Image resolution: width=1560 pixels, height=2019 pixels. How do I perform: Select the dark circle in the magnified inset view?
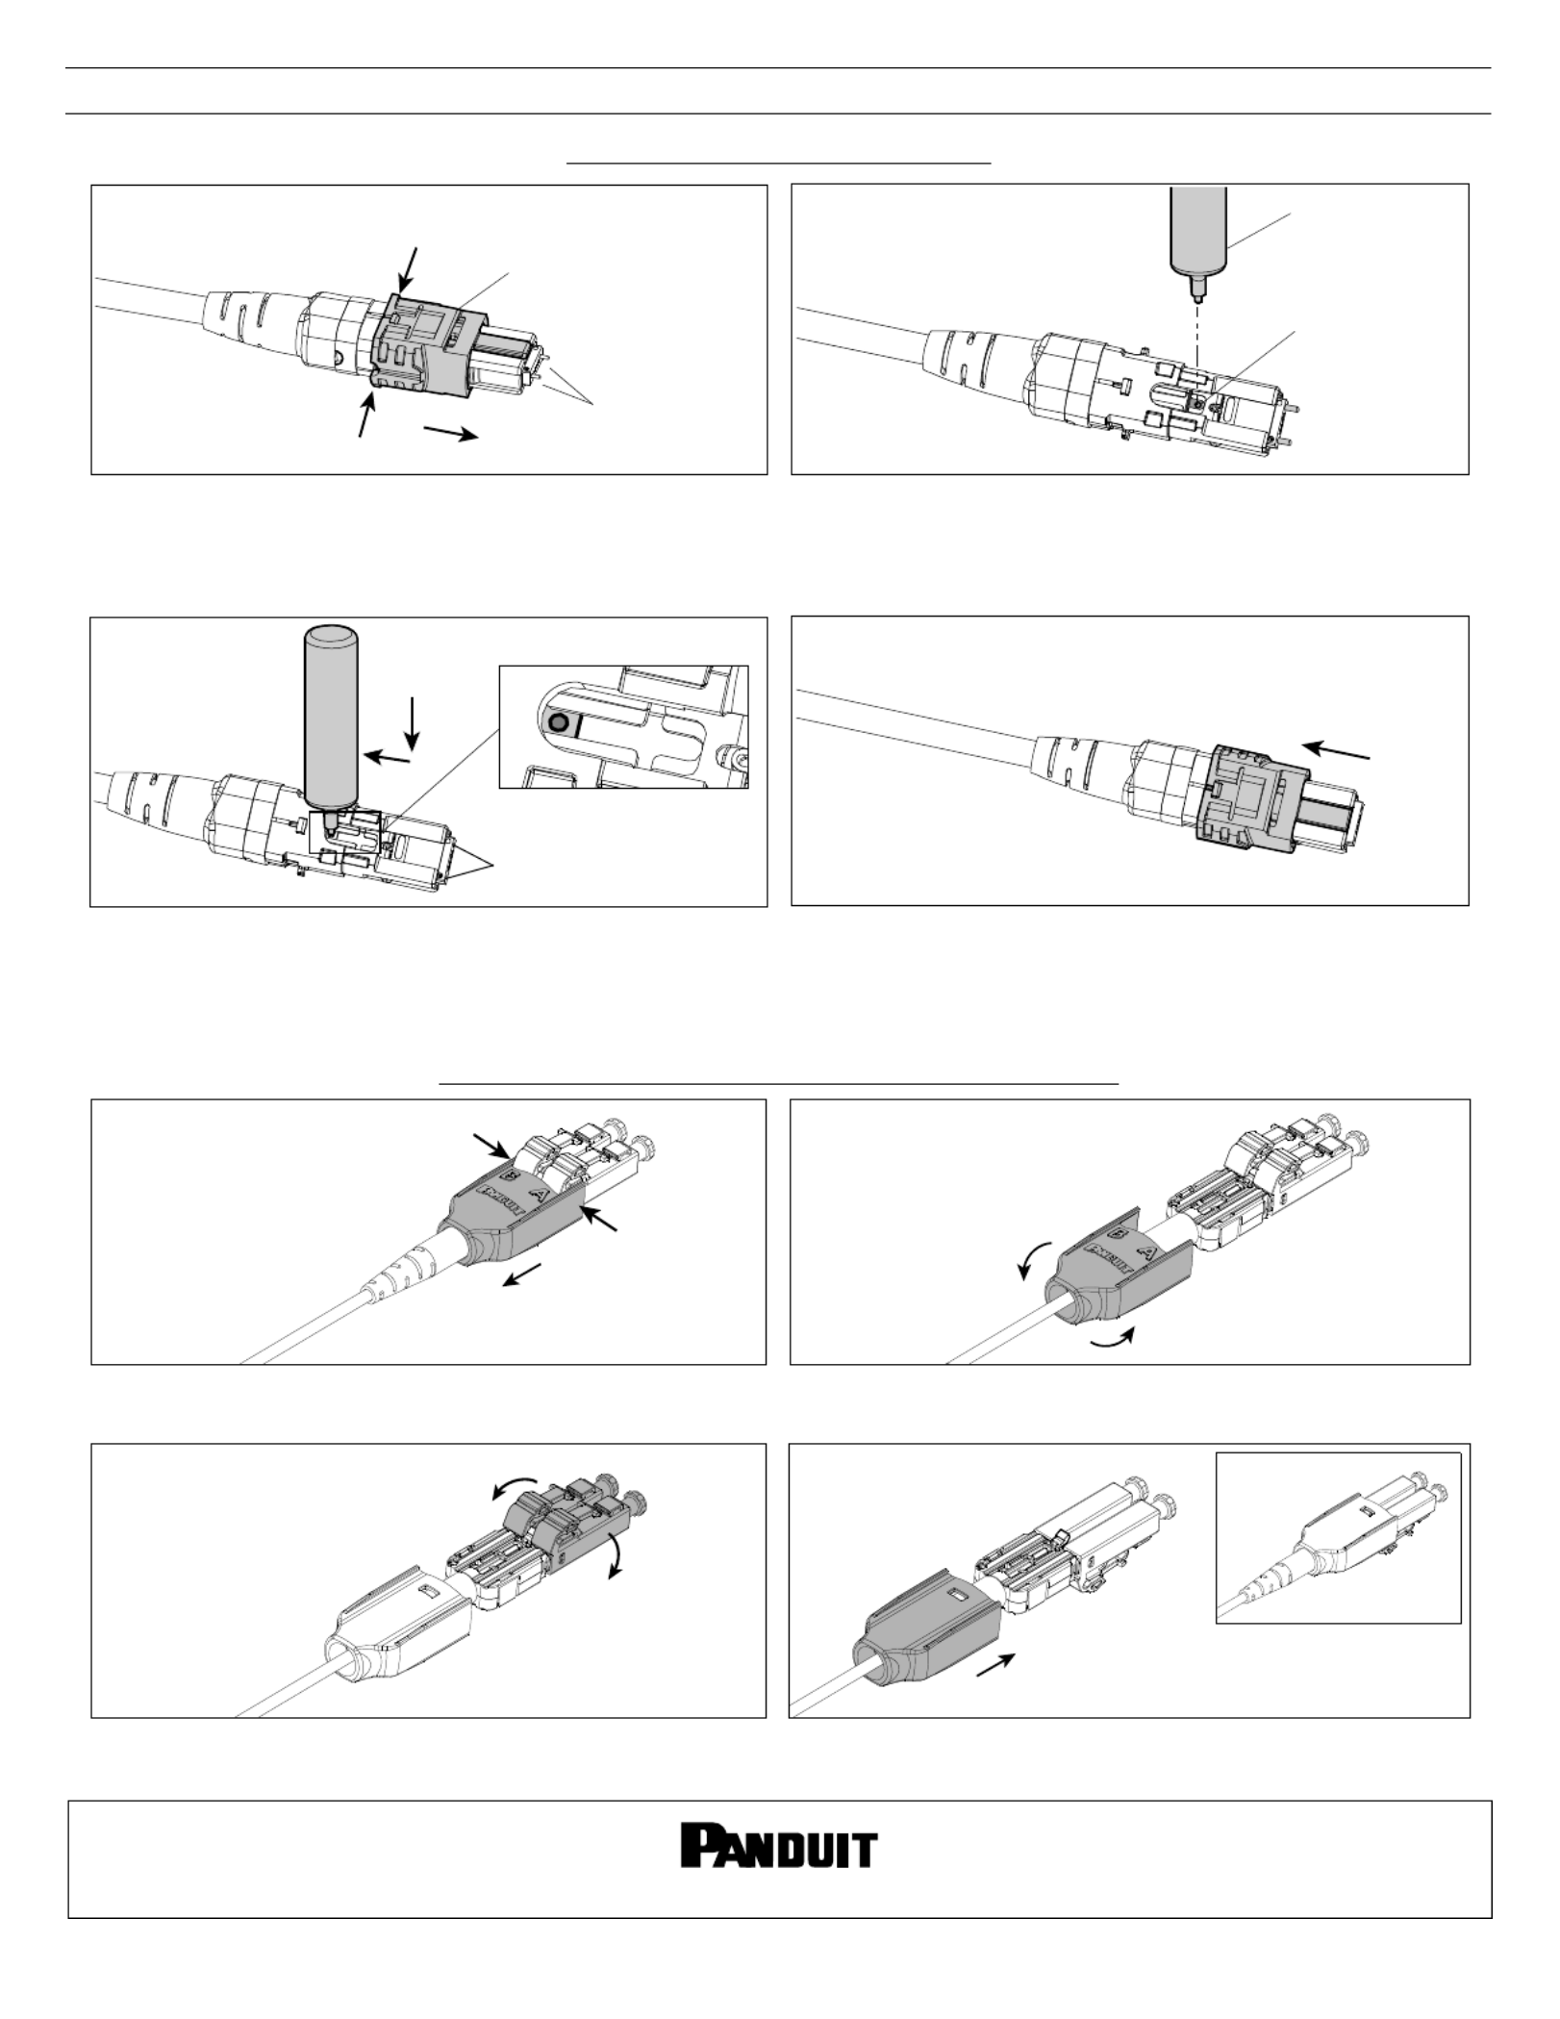[556, 721]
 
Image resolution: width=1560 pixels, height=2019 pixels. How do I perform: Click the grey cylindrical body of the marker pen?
[329, 712]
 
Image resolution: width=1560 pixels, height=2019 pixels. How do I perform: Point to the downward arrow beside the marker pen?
[413, 723]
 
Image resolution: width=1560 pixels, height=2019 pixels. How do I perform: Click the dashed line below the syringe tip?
[1197, 332]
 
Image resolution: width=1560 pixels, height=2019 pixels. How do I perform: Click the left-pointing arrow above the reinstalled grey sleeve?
[1336, 751]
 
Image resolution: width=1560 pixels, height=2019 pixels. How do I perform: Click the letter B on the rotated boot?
[1118, 1233]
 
